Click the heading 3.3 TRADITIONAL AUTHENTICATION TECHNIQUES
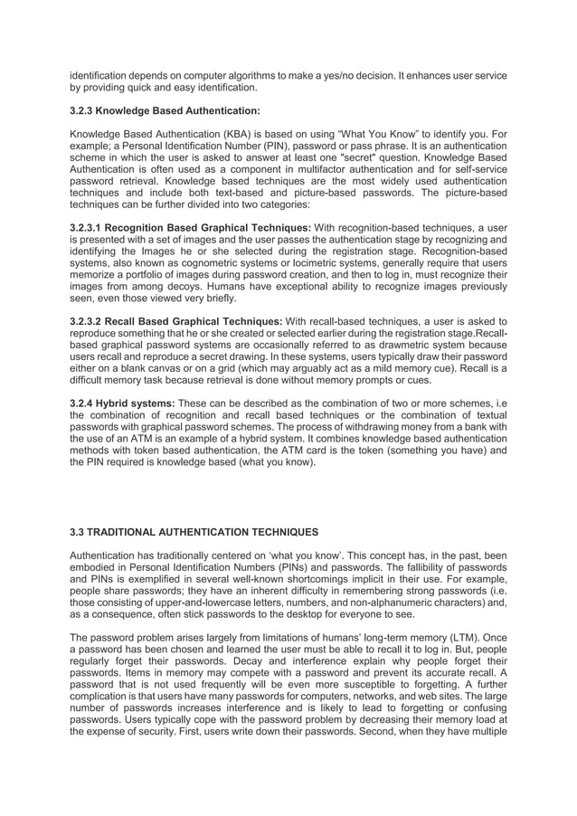[192, 533]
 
